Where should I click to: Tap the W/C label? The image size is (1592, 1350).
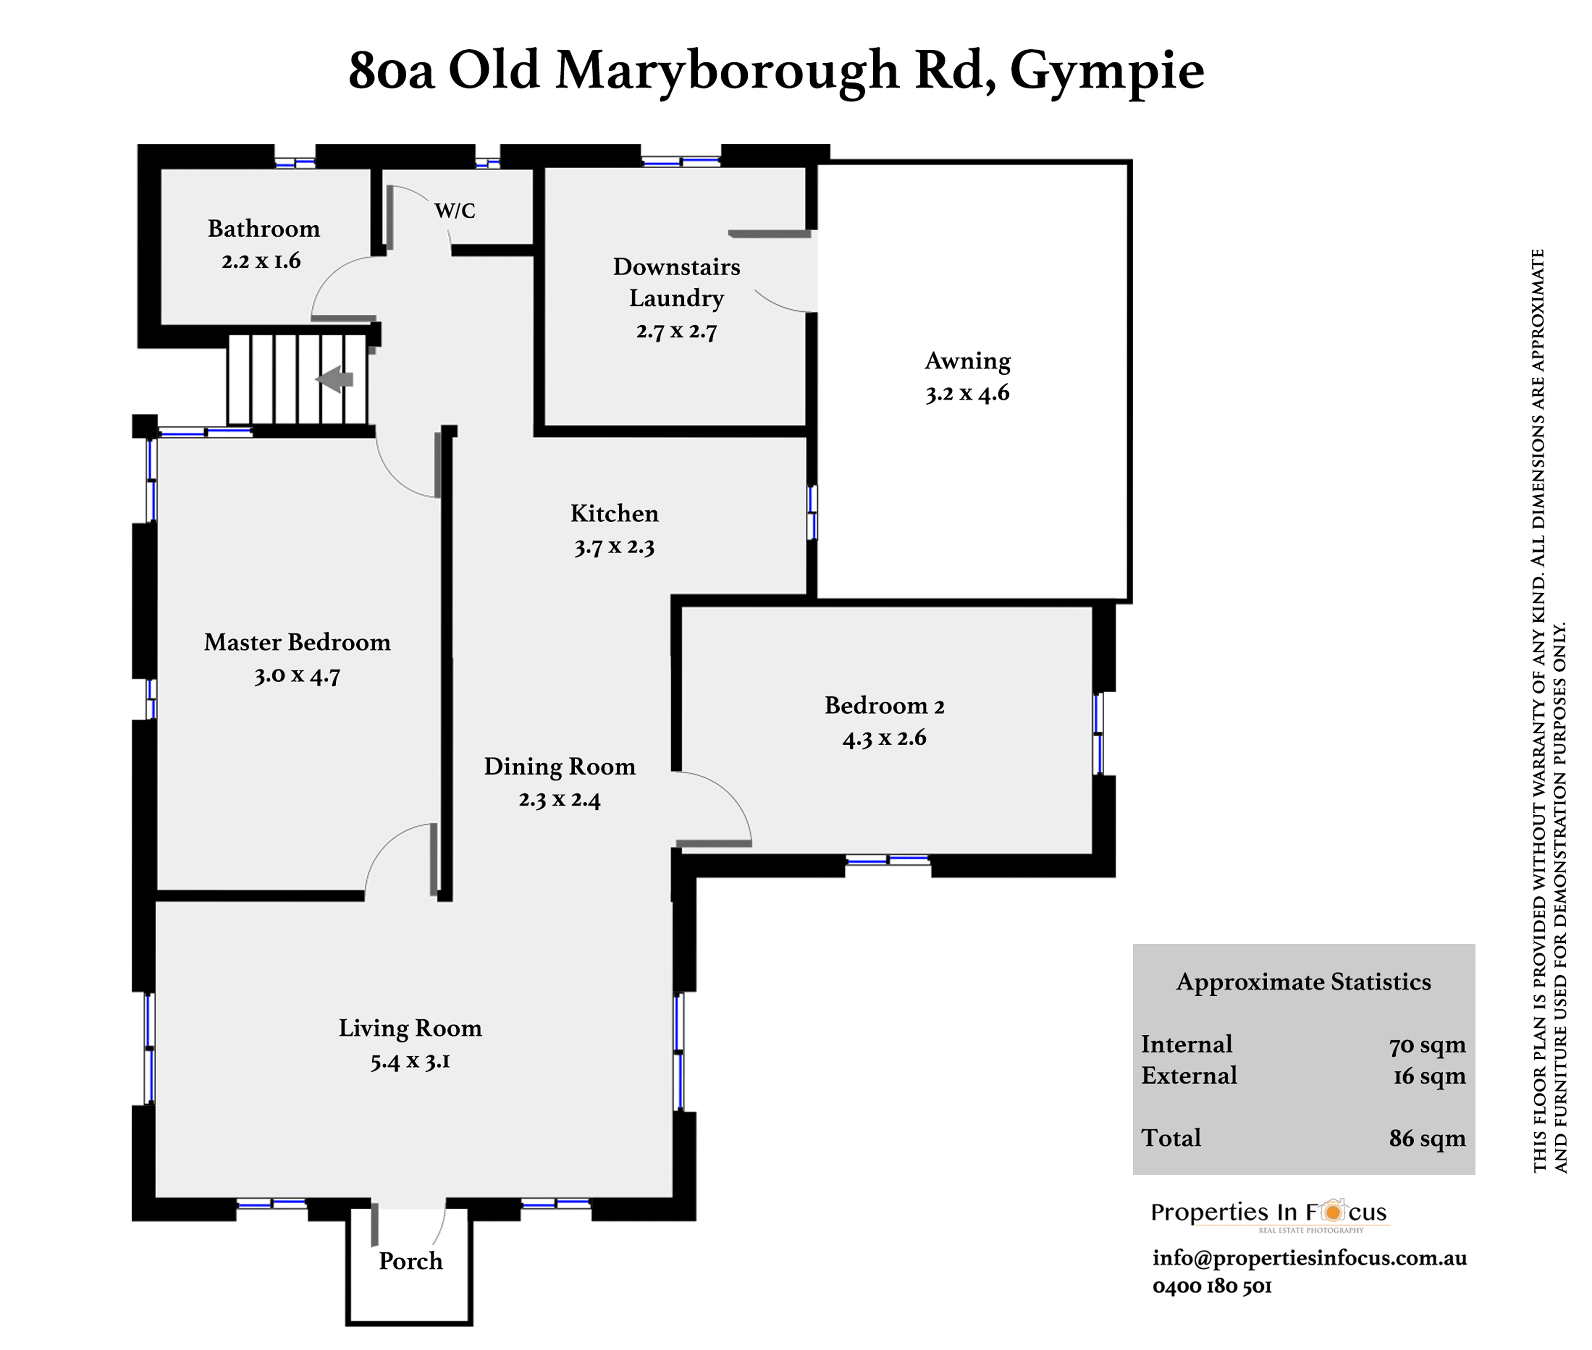[x=455, y=210]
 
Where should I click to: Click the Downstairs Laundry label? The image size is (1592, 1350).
[x=676, y=282]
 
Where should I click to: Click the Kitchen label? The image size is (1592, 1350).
[x=614, y=513]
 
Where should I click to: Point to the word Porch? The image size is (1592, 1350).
[x=410, y=1261]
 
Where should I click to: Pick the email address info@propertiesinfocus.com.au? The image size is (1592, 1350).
[x=1309, y=1257]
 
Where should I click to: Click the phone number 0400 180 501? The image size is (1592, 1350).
[x=1212, y=1286]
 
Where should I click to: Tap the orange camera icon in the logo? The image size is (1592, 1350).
[x=1333, y=1212]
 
